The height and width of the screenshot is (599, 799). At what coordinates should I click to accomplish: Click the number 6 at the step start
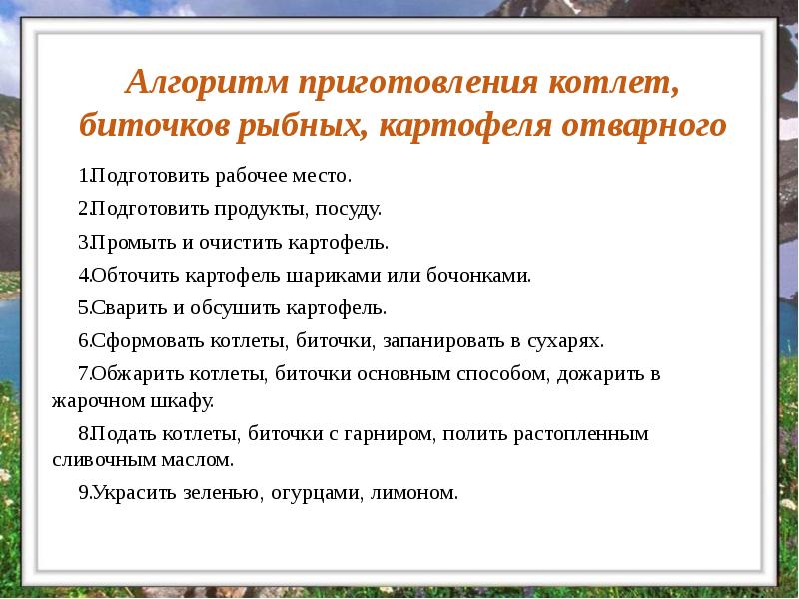82,340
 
